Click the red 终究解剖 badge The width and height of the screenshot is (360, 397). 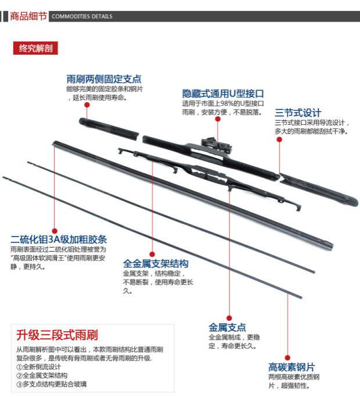point(35,49)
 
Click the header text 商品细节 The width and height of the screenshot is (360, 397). point(28,16)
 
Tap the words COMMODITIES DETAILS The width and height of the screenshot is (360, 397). point(82,17)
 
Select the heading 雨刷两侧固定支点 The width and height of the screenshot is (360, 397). point(103,79)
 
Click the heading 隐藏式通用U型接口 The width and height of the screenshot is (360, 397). point(223,93)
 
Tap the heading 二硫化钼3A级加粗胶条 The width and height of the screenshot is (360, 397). point(59,239)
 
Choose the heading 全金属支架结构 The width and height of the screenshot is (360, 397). point(156,263)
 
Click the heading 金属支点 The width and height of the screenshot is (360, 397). point(227,327)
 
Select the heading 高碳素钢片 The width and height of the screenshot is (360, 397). point(291,367)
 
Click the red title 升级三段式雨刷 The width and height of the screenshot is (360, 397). point(57,335)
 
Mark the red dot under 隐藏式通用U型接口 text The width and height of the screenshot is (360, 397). point(218,119)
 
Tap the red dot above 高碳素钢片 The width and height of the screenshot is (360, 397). point(286,357)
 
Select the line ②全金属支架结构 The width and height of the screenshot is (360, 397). point(42,375)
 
